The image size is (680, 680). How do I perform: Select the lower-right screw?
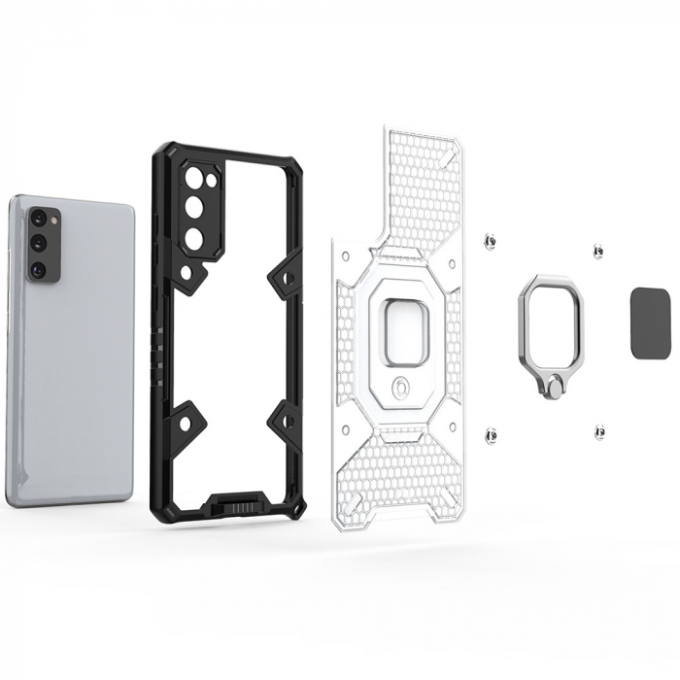(599, 429)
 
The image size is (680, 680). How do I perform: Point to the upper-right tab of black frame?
(286, 278)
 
